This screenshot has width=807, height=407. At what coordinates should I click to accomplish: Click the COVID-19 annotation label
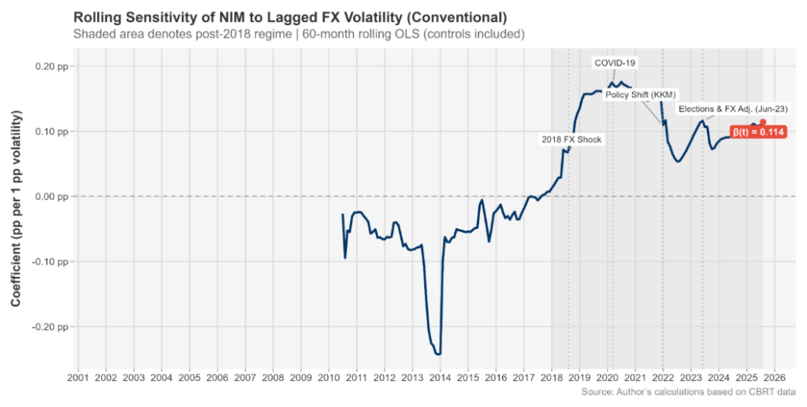[x=615, y=62]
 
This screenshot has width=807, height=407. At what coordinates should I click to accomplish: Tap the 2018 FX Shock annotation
[x=571, y=140]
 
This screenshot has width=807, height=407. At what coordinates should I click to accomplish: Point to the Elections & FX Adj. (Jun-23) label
[x=733, y=108]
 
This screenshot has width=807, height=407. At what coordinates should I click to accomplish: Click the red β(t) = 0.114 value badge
[x=758, y=133]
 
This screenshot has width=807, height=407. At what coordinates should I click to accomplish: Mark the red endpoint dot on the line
[x=763, y=122]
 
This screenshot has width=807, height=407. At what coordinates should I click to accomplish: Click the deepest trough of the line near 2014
[x=438, y=354]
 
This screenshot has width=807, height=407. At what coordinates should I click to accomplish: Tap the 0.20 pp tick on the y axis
[x=53, y=66]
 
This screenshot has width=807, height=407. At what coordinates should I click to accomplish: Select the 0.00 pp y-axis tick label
[x=53, y=196]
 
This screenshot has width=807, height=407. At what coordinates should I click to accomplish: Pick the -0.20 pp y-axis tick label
[x=51, y=327]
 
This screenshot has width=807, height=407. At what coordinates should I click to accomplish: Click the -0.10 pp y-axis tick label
[x=51, y=261]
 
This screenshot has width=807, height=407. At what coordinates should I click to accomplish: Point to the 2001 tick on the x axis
[x=77, y=378]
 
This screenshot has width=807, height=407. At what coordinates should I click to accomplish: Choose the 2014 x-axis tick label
[x=440, y=378]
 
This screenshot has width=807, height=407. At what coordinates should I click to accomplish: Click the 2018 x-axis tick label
[x=551, y=378]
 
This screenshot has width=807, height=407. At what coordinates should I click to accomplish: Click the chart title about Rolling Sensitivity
[x=289, y=17]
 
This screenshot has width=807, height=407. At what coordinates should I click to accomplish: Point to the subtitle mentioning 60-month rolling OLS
[x=299, y=35]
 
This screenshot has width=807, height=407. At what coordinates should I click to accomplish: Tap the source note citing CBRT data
[x=687, y=392]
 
